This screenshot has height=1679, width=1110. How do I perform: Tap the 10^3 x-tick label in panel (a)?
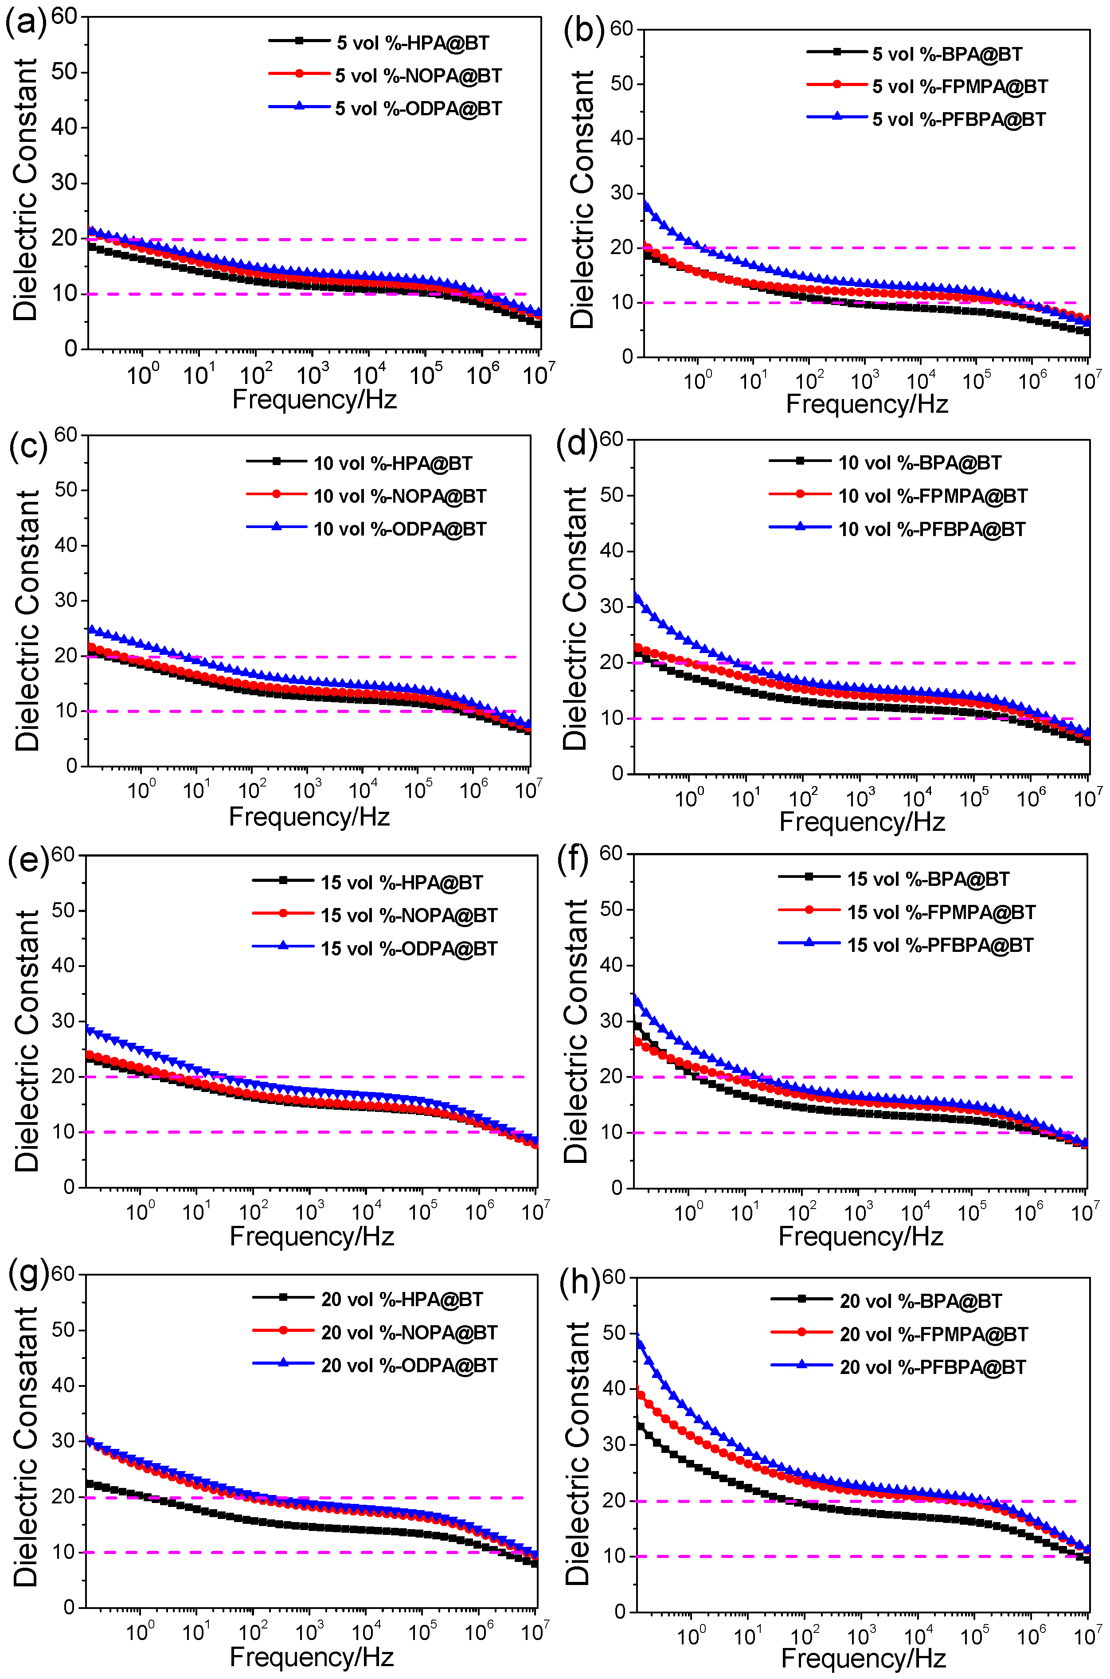312,375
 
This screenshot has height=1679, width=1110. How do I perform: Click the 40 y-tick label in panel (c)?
66,545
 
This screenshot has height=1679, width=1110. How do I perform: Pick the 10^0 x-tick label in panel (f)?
688,1213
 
